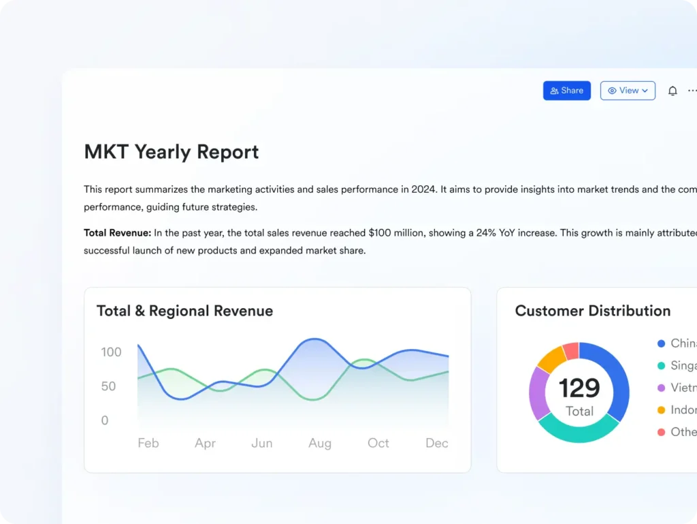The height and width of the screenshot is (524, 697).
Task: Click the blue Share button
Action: (566, 91)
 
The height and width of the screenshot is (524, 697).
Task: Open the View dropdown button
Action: (628, 91)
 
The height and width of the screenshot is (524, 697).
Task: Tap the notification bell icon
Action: (672, 91)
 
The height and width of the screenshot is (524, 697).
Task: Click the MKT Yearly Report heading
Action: (172, 151)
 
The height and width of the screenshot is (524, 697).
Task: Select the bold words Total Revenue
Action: (117, 233)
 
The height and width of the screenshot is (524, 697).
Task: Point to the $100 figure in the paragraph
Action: (380, 233)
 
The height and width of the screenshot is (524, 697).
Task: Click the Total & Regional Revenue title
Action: (184, 311)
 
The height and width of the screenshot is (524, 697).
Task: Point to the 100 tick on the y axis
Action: (111, 352)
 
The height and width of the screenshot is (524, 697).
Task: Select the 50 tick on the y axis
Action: (108, 386)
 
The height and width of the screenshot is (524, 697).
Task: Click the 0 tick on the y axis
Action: (105, 420)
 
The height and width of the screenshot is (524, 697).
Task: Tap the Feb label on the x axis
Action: (148, 443)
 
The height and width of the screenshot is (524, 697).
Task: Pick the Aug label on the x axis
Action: (320, 443)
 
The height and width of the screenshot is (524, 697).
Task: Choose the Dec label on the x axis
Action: (436, 443)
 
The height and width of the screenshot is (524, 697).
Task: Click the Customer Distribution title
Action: (592, 311)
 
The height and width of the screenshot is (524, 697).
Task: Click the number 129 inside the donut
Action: (579, 388)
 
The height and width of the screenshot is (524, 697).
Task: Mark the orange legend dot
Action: (661, 410)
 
